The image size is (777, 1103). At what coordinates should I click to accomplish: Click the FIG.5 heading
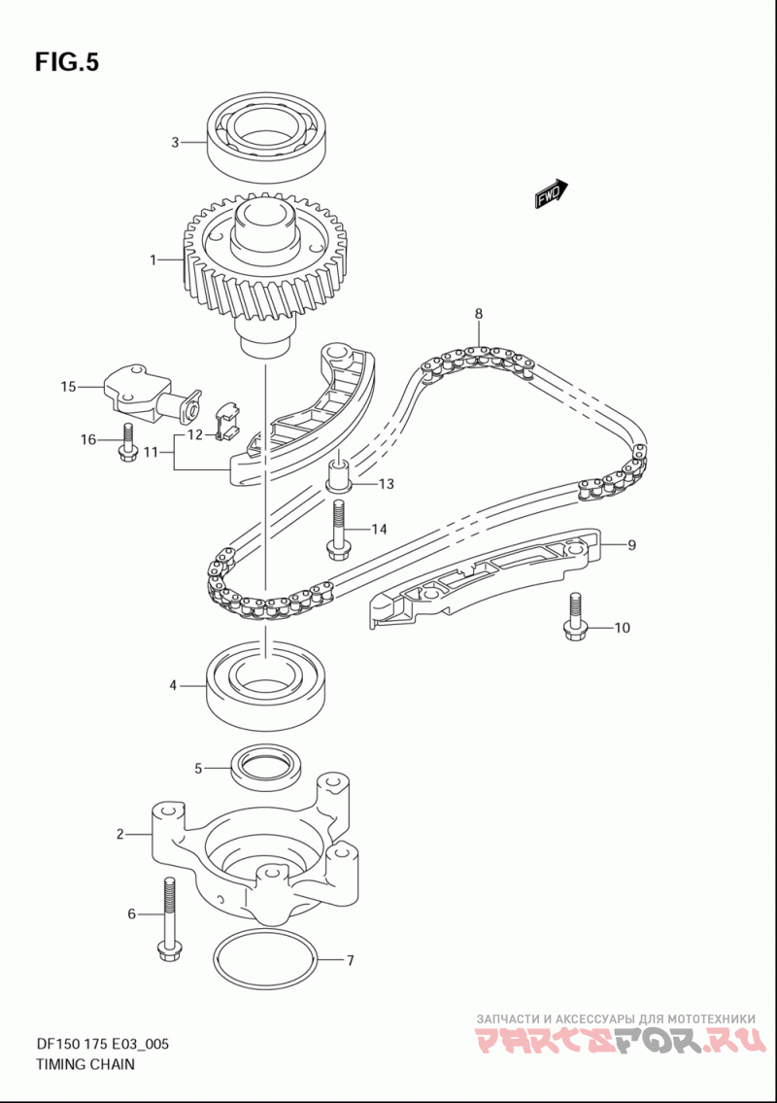click(67, 62)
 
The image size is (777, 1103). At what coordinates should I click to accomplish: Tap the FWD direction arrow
click(551, 193)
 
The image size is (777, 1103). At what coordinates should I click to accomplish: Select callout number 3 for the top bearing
click(175, 143)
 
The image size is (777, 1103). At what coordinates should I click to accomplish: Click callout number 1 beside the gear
click(152, 260)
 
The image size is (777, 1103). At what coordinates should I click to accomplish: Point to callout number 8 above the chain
click(479, 314)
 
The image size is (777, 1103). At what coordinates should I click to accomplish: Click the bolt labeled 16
click(127, 444)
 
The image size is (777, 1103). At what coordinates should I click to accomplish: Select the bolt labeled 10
click(575, 618)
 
